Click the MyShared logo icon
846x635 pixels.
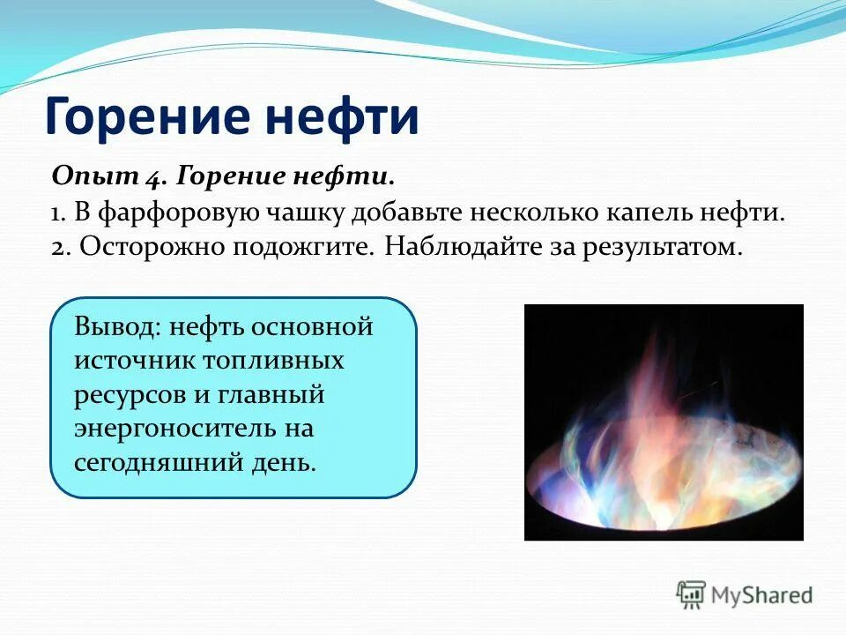coord(692,594)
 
